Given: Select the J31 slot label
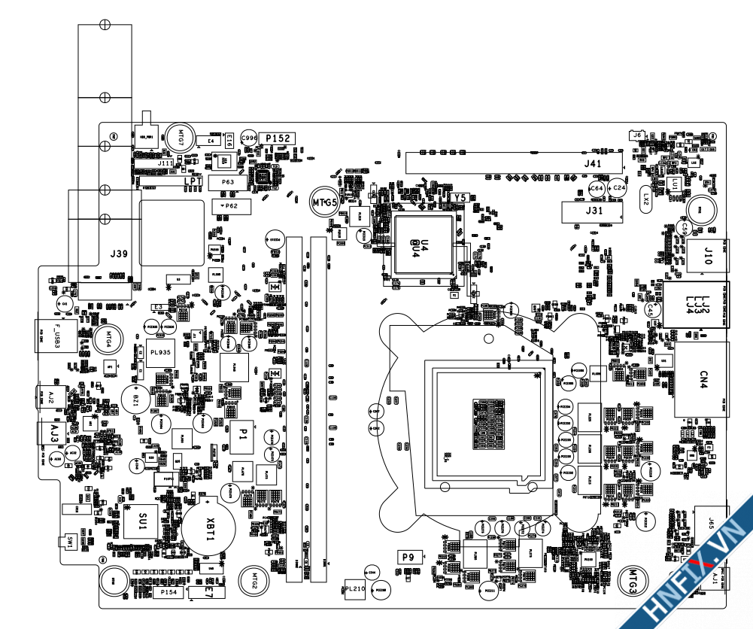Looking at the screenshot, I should pyautogui.click(x=594, y=211).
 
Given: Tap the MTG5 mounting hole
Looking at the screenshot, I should pyautogui.click(x=325, y=202).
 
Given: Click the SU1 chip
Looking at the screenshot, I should pyautogui.click(x=142, y=519).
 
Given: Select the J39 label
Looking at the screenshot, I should pyautogui.click(x=118, y=254).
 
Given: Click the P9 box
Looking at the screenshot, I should pyautogui.click(x=408, y=558).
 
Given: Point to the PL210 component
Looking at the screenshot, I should pyautogui.click(x=354, y=590).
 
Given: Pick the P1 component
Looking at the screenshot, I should pyautogui.click(x=243, y=434).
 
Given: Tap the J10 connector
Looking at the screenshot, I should pyautogui.click(x=707, y=256).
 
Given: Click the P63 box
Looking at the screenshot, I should pyautogui.click(x=228, y=183).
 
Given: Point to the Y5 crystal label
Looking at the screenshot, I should pyautogui.click(x=461, y=198).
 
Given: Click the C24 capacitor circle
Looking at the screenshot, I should pyautogui.click(x=618, y=187).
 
